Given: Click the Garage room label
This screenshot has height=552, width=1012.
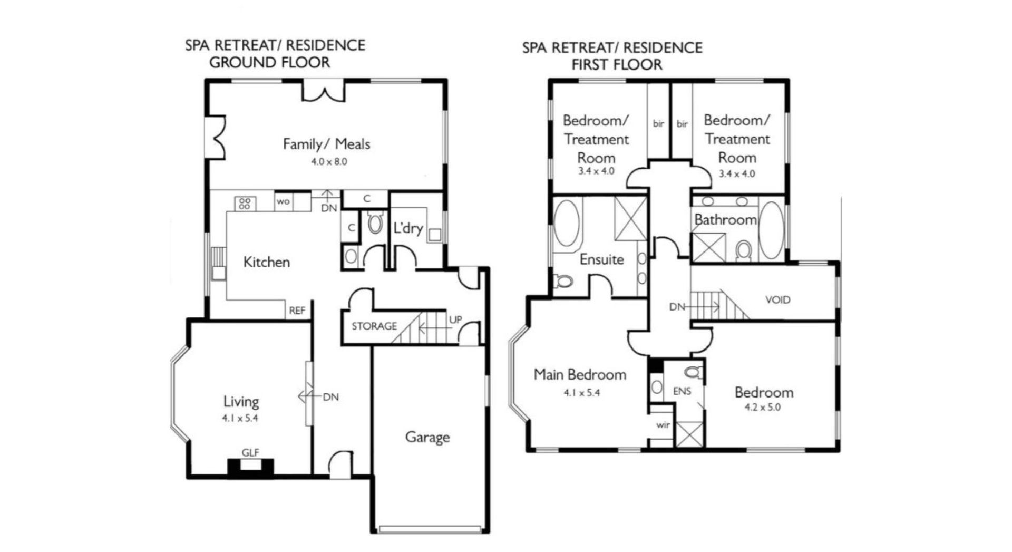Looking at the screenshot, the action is pos(427,437).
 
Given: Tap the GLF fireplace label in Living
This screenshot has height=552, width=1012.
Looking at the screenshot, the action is pos(250,452).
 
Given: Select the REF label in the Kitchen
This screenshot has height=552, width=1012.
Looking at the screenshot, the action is pos(297,311).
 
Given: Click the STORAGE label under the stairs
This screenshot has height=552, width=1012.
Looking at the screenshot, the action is pos(374,326).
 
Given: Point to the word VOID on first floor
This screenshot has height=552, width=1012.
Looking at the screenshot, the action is pos(778,300).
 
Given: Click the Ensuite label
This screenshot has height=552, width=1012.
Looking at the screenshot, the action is pos(601,259).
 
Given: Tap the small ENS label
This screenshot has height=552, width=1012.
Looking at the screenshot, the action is pos(682,391).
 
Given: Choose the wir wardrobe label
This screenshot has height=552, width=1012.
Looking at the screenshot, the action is pos(663,424).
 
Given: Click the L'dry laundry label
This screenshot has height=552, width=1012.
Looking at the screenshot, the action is pos(408,228).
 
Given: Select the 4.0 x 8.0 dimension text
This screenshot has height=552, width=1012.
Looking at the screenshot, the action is pos(329,162).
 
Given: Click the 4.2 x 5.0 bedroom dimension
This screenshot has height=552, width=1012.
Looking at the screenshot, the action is pos(763,407).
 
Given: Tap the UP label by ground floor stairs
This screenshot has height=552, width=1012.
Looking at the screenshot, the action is pos(455,319).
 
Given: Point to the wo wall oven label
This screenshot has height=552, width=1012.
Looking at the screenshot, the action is pos(283,201).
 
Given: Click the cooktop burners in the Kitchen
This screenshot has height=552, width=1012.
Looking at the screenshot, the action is pos(245,204).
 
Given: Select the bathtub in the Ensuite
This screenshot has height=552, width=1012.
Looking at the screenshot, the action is pos(567,222).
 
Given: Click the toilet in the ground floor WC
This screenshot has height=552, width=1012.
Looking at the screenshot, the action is pos(375,223).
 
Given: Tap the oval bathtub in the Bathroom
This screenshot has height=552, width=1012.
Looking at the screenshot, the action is pos(771,230).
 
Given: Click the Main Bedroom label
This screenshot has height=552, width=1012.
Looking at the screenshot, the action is pos(580,375).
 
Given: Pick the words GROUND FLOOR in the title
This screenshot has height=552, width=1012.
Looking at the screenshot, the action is pos(270,62).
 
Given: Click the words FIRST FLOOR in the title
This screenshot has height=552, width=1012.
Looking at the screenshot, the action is pos(617,65).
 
